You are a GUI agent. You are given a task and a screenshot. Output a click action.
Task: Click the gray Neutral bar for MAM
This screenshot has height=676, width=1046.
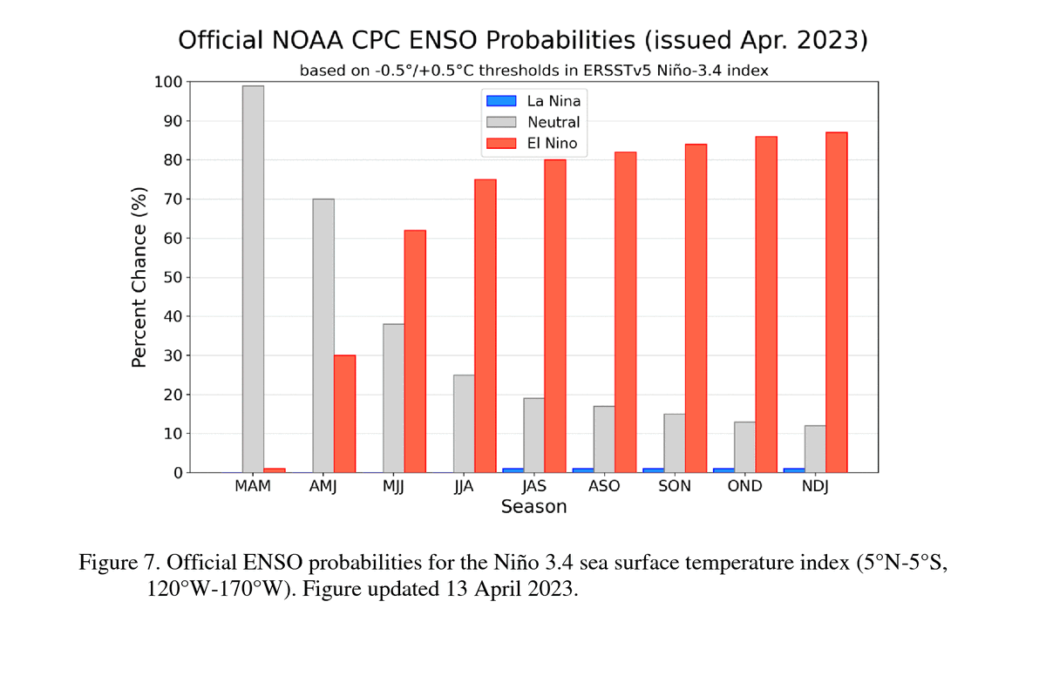(253, 279)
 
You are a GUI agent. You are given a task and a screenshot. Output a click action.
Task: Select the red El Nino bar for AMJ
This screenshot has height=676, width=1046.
(344, 414)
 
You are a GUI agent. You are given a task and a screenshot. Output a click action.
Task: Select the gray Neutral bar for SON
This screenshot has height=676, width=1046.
(674, 443)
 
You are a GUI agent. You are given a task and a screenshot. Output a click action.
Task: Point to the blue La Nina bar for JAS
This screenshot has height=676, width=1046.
(513, 470)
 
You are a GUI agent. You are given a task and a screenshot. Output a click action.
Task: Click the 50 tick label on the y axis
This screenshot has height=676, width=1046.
(173, 278)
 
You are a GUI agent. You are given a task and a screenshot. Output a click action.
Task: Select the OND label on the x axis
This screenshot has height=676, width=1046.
(744, 486)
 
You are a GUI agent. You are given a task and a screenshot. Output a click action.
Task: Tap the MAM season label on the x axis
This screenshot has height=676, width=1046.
(253, 486)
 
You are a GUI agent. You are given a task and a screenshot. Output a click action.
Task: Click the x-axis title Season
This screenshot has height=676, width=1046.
(533, 507)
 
